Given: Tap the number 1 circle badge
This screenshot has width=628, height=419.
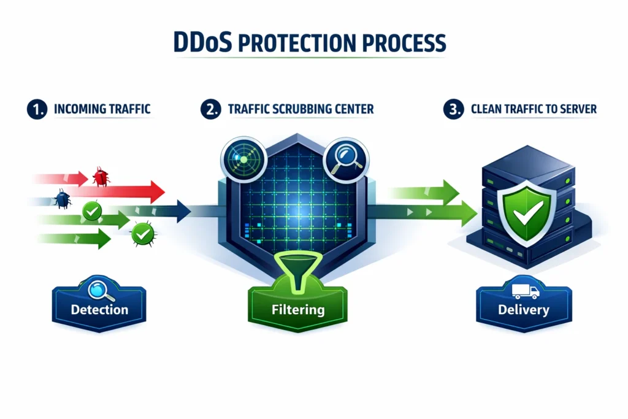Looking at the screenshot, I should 35,110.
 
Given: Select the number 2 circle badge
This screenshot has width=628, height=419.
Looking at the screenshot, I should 210,110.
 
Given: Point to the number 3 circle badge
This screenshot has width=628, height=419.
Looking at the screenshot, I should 453,110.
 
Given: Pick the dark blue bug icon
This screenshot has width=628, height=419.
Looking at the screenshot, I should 62,198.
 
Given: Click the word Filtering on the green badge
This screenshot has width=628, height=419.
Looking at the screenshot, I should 297,309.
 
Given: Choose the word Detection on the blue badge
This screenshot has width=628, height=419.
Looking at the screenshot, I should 99,309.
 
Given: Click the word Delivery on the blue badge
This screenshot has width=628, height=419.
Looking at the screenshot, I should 523,309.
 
